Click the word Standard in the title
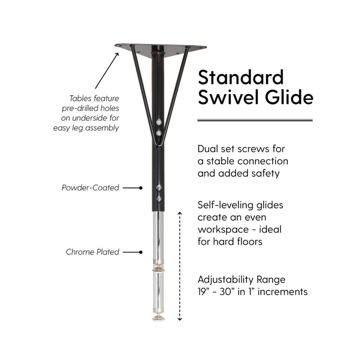point(241,77)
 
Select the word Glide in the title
point(289,97)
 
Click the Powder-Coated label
point(91,188)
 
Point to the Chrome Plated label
point(93,252)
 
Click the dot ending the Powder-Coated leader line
point(141,188)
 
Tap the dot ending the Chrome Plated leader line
point(141,252)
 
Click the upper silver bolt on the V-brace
point(159,122)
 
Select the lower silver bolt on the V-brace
point(159,133)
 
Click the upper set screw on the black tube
point(159,187)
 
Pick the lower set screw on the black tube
point(159,199)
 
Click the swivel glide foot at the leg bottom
point(158,318)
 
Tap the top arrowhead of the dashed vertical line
point(180,213)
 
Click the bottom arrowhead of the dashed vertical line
point(180,319)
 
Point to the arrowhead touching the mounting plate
point(117,54)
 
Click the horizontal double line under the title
point(255,120)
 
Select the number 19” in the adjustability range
point(203,291)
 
